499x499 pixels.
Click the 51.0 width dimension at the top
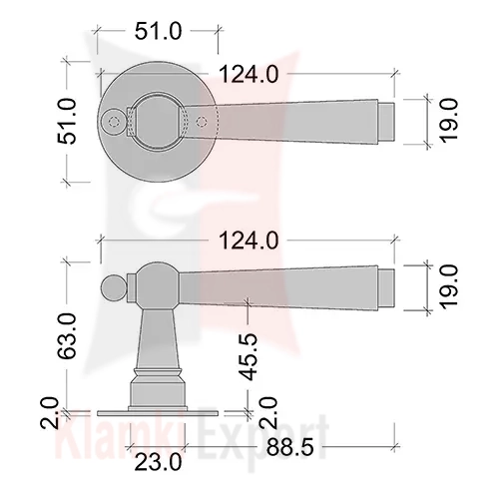point(159,31)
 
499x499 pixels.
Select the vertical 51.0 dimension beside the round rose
point(67,121)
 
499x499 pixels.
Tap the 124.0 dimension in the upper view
point(249,74)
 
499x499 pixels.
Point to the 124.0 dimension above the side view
point(249,241)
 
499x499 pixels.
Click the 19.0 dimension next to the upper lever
point(449,121)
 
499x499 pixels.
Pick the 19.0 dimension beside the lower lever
point(449,287)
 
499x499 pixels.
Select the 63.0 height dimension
point(67,336)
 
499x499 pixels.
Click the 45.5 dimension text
point(249,356)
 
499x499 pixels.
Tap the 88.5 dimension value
point(290,448)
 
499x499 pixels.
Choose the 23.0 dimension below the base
point(159,462)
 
